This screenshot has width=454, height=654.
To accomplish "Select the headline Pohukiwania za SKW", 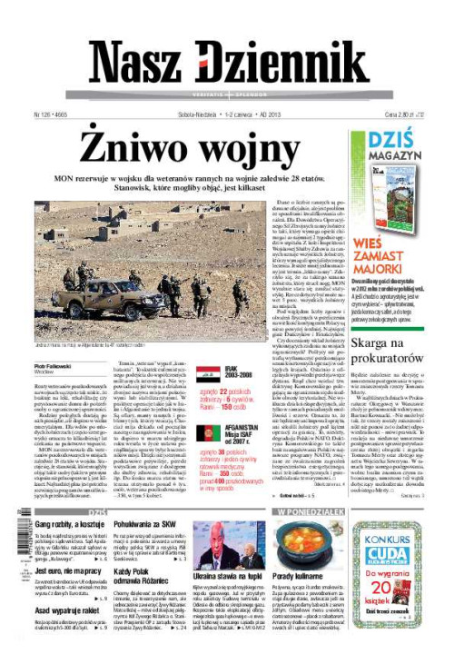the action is (x=147, y=525).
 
